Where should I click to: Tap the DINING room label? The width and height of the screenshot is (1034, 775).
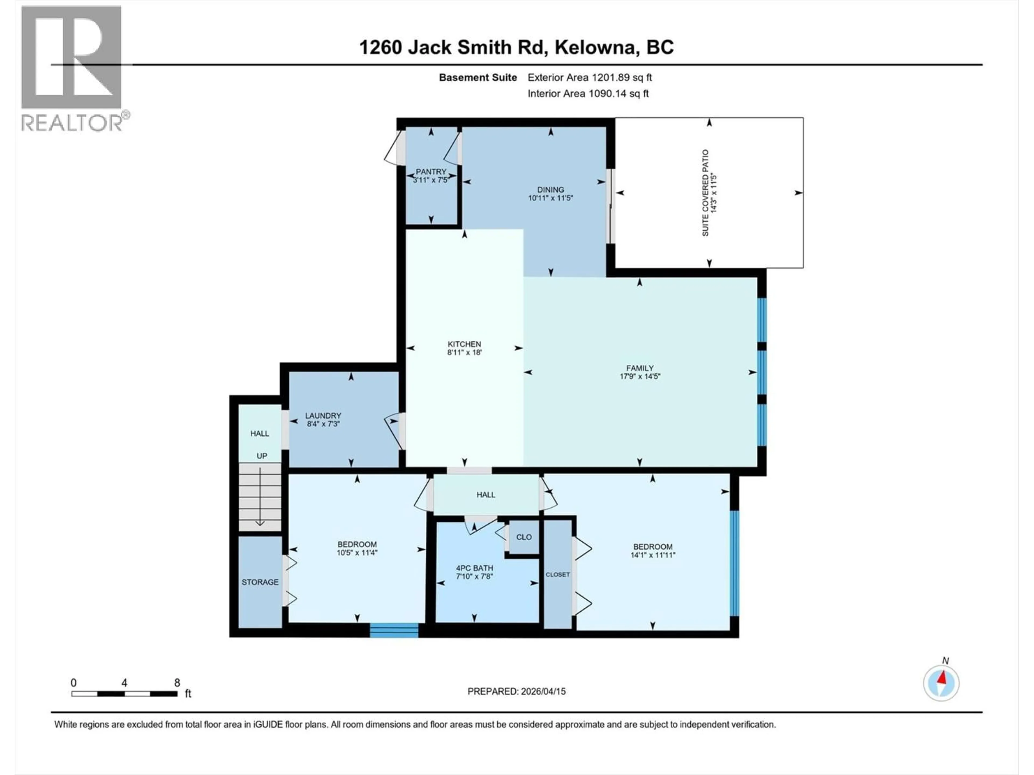click(550, 190)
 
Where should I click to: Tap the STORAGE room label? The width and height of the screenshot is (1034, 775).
click(260, 582)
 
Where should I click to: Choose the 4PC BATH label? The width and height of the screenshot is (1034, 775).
click(474, 568)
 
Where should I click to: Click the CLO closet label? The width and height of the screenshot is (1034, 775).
click(523, 537)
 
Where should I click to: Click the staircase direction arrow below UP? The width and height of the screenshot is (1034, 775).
click(260, 500)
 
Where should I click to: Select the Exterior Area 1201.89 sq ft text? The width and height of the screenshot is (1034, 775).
click(589, 77)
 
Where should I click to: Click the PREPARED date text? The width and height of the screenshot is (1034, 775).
click(516, 691)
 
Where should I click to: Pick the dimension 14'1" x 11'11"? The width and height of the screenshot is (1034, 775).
click(652, 555)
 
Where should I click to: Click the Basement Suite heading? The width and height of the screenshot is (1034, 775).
click(478, 77)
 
